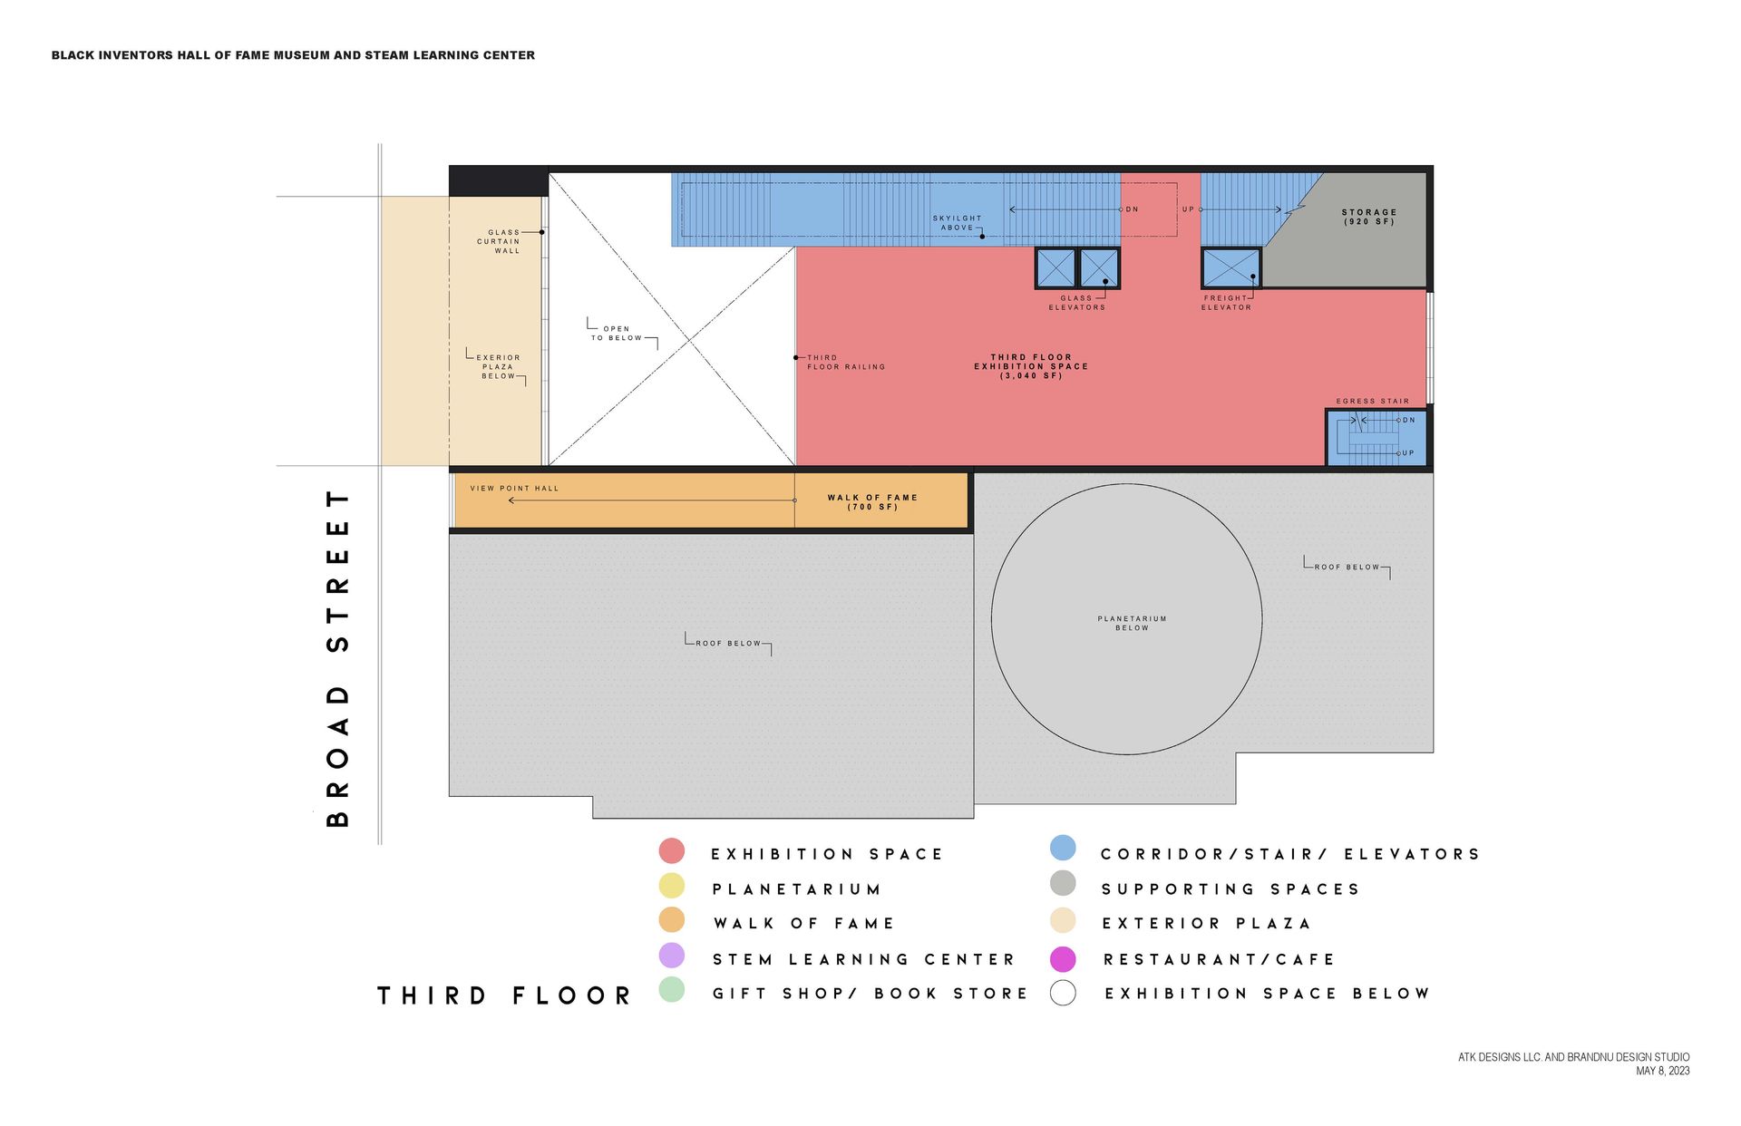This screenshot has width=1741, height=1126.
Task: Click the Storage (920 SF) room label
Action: [1368, 217]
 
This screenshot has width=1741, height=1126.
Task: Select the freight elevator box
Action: [1230, 268]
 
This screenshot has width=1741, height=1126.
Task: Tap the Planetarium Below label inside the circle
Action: [1132, 623]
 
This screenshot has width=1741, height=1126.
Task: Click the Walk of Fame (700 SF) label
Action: [872, 501]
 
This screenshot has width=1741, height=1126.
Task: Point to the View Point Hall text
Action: [514, 489]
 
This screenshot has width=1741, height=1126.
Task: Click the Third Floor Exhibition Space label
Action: [1031, 366]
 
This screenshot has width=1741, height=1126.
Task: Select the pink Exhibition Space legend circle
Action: [672, 851]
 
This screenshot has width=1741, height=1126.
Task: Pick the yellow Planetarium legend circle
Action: [672, 886]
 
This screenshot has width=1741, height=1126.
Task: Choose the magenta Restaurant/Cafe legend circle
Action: [1063, 959]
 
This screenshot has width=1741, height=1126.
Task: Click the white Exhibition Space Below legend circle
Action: [1063, 993]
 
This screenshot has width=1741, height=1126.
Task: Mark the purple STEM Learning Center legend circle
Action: [672, 956]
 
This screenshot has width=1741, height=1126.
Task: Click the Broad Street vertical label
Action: [337, 658]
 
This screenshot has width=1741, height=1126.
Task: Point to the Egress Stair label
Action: [1372, 401]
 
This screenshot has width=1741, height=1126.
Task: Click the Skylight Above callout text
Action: [957, 223]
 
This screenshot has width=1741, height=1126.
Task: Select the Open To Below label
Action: [617, 334]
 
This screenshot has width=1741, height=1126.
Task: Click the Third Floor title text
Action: [504, 995]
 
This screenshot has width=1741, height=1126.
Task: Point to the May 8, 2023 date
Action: [1662, 1071]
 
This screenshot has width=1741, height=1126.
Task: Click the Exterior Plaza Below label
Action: [498, 366]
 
